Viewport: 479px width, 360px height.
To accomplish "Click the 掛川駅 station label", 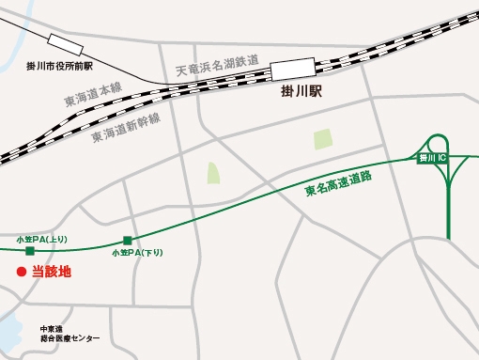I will [302, 93].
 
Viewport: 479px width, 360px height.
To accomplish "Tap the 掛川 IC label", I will [431, 158].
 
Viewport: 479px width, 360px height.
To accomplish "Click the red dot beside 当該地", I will [19, 273].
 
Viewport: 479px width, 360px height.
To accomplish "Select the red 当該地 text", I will [52, 273].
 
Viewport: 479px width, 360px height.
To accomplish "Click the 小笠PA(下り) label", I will [137, 253].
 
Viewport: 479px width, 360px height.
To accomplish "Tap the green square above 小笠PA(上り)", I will [31, 251].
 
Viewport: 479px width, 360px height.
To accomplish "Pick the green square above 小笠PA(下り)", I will [128, 240].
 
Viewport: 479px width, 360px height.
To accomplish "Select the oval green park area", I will [212, 173].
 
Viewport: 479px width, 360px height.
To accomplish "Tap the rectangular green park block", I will [322, 140].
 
